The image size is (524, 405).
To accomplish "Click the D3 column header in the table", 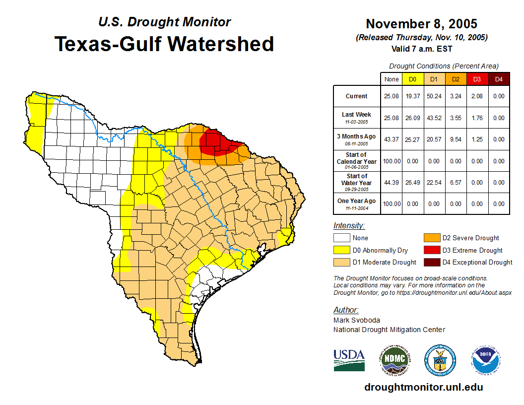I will pos(477,79).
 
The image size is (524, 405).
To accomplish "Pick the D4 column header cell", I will pos(499,79).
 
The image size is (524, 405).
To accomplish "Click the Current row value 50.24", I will pos(434,96).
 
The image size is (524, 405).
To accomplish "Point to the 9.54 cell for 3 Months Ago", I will pos(455,139).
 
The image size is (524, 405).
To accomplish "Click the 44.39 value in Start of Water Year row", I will pos(392,182).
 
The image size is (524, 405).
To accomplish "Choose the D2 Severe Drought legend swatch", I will pos(431,238).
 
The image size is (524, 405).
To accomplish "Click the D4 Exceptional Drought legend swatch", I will pos(431,262).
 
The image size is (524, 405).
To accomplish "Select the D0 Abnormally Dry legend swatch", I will pos(341,250).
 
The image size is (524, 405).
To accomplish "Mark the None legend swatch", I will pos(341,238).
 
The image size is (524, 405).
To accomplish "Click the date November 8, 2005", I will pos(421,24).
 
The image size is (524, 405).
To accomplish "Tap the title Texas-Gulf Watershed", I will pos(164,44).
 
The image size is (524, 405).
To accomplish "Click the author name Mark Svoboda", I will pos(356,320).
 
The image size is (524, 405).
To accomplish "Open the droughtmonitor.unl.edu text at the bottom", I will pos(423,387).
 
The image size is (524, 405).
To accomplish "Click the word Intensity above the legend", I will pos(349,225).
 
